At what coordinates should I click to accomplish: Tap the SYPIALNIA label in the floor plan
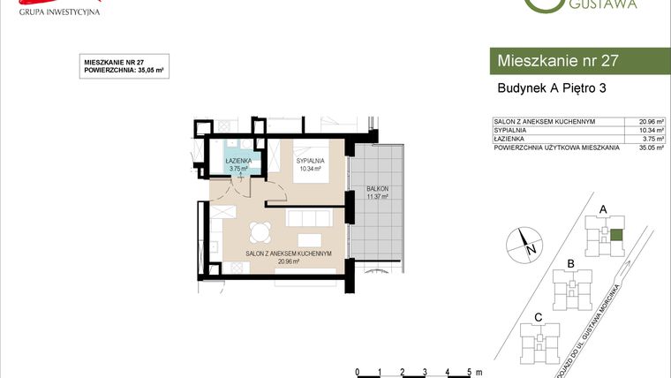310,161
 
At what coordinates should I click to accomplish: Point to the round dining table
260,233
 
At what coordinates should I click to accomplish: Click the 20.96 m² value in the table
645,121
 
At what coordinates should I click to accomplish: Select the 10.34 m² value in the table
645,130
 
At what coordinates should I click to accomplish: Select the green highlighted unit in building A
616,234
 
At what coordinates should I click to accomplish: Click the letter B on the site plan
571,264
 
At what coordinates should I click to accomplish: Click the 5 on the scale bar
468,371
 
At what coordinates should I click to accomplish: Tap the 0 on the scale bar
356,371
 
